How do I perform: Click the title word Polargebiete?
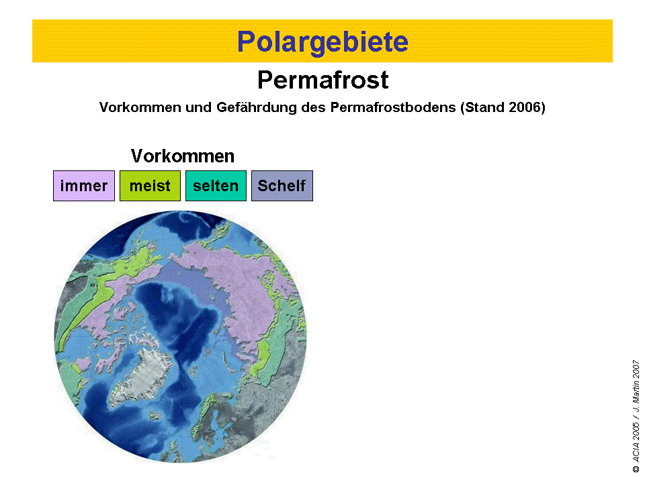[x=323, y=42]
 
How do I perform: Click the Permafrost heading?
[x=323, y=80]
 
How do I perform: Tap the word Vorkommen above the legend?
[x=183, y=156]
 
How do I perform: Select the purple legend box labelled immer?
[x=84, y=186]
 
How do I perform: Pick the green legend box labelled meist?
[x=150, y=186]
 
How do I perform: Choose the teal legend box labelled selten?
[x=216, y=186]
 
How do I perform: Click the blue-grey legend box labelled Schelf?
[x=282, y=186]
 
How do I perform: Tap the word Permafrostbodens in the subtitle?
[x=393, y=107]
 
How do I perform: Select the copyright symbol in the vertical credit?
[x=636, y=469]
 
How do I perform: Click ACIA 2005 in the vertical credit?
[x=636, y=442]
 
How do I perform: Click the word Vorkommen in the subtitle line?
[x=140, y=107]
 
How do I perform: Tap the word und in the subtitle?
[x=199, y=107]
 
